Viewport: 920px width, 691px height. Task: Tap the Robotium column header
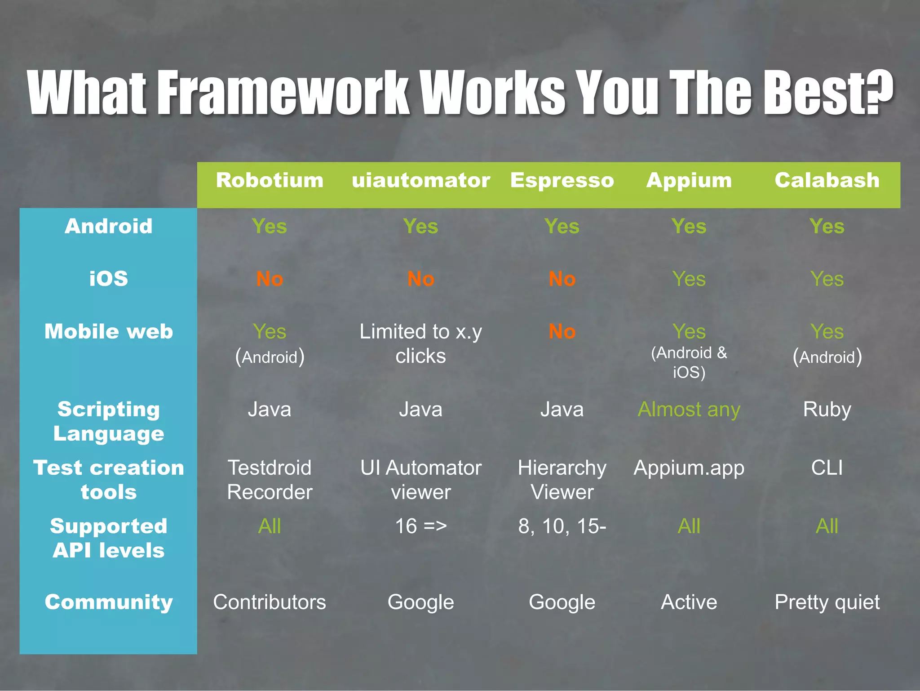click(270, 180)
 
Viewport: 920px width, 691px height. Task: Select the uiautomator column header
click(420, 180)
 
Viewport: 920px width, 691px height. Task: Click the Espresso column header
click(562, 180)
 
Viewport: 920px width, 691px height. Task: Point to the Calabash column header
click(827, 180)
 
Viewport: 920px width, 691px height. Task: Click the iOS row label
click(108, 278)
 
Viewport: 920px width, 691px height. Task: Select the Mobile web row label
click(108, 331)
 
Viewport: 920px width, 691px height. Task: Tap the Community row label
click(108, 602)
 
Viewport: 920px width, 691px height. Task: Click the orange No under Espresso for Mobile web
click(562, 332)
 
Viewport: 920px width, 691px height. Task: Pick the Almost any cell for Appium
click(689, 410)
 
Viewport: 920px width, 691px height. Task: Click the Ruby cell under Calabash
click(827, 410)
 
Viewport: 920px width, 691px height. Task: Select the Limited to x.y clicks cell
click(420, 343)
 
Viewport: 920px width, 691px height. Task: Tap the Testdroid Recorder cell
click(270, 480)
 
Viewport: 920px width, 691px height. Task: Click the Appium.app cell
click(689, 468)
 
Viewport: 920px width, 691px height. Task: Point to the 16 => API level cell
click(420, 526)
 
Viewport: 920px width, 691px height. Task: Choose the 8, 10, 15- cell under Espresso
click(562, 526)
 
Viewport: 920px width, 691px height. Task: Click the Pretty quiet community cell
click(827, 602)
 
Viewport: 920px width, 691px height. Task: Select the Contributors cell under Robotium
click(270, 602)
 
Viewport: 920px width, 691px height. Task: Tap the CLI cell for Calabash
click(827, 468)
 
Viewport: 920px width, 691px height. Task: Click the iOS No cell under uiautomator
click(420, 279)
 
